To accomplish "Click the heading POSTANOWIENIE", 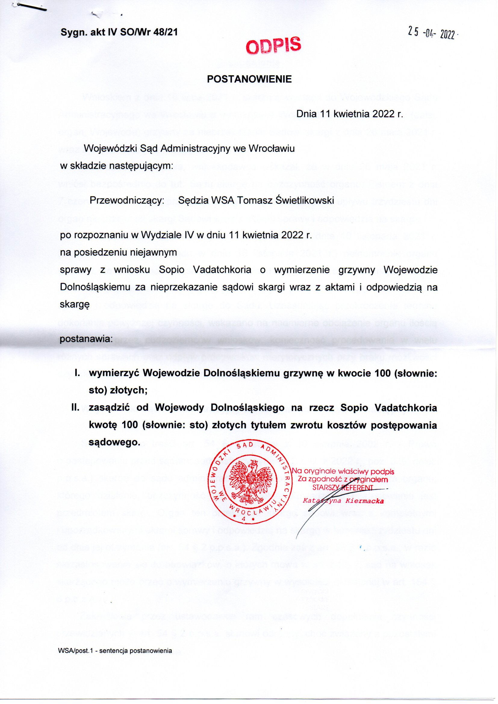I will [x=249, y=79].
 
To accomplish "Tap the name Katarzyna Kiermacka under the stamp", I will [x=343, y=501].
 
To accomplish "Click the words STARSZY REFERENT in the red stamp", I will [x=343, y=488].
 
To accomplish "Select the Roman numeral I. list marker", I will [x=77, y=373].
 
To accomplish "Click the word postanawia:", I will [x=86, y=339].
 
